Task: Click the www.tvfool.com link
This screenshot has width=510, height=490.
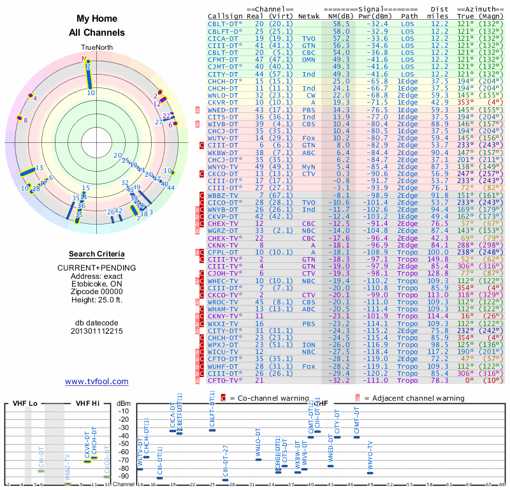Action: click(x=97, y=382)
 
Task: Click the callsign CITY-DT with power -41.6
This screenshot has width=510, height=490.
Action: click(x=223, y=74)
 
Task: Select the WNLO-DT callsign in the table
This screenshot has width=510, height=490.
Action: click(x=223, y=94)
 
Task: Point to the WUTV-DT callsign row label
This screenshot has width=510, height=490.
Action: click(x=223, y=137)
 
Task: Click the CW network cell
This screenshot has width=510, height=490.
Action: click(x=309, y=94)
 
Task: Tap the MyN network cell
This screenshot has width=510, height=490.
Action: click(x=309, y=166)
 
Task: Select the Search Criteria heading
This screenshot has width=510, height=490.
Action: click(x=97, y=254)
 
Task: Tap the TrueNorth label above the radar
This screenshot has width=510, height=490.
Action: click(x=96, y=48)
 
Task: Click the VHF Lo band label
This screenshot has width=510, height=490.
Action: click(x=23, y=403)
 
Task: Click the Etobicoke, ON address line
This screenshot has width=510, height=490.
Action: click(x=97, y=284)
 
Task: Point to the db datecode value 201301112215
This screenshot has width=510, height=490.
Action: click(x=97, y=331)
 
